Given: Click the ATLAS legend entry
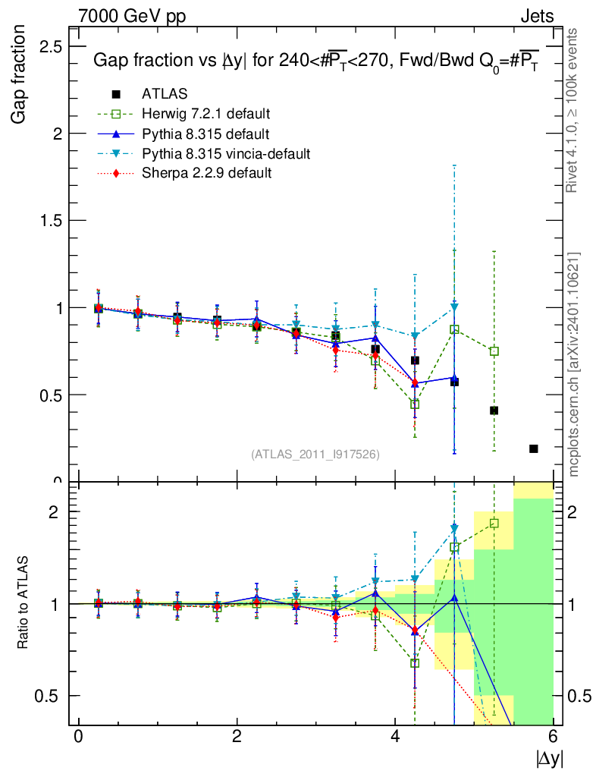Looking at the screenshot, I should (165, 93).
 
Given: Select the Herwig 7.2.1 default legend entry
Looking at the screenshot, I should (206, 114).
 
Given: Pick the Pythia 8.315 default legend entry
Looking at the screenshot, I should (205, 134).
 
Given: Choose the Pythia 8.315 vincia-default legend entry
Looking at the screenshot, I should (226, 153).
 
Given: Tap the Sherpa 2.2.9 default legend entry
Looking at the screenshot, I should (207, 173).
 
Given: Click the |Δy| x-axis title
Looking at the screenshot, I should (550, 757).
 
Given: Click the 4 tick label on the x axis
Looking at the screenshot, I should (395, 736).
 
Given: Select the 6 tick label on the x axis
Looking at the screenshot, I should (554, 736).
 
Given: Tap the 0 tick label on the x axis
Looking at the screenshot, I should (78, 736).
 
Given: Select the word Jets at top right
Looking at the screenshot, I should (536, 16).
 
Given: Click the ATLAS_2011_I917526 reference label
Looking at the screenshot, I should (315, 454).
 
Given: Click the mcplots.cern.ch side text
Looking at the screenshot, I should (574, 364).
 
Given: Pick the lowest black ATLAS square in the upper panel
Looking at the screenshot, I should (534, 448).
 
